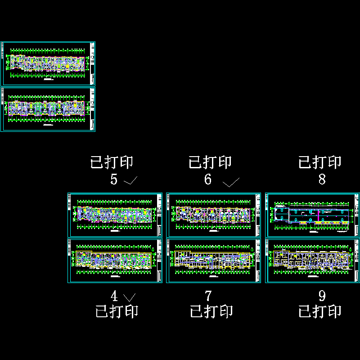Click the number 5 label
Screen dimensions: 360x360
pos(114,180)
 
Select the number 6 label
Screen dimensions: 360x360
pos(208,180)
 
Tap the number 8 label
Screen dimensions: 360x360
pos(322,180)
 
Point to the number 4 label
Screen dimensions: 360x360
pos(114,296)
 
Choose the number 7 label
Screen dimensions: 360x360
pos(208,296)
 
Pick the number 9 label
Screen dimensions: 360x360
pos(322,296)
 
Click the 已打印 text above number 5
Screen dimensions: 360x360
pos(112,162)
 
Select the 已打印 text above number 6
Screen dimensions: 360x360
pos(210,162)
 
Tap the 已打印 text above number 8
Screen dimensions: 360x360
pos(320,162)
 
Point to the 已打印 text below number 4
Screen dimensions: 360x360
pos(117,311)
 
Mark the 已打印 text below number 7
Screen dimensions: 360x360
pos(211,311)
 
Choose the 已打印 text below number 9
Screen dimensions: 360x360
pos(320,311)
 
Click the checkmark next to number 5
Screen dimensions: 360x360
pos(130,181)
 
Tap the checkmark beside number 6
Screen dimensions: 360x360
pos(231,183)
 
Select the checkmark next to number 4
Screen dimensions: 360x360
pos(130,297)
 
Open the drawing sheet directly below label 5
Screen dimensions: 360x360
pos(115,215)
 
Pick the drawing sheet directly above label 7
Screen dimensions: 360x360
pos(213,261)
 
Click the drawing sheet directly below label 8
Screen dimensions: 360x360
pos(313,215)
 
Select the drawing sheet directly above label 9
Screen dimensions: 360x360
pos(313,261)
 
